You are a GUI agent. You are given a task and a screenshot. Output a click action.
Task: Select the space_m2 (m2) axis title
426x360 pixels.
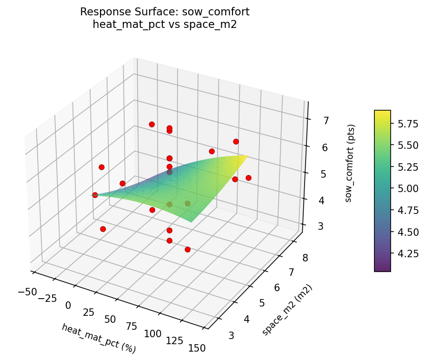click(286, 310)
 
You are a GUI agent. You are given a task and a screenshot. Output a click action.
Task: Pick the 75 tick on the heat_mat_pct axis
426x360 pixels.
click(132, 327)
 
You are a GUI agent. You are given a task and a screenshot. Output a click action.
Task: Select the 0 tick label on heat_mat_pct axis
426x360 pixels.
click(68, 305)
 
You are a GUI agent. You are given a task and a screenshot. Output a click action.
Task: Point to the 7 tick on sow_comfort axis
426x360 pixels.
click(326, 121)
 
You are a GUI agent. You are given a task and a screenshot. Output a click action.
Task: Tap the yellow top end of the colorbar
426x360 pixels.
click(382, 112)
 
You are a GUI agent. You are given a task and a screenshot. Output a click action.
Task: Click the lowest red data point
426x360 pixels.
click(187, 249)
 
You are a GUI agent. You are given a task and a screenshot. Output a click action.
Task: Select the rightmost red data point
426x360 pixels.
click(248, 178)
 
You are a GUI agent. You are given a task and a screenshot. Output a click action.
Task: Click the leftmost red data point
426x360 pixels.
click(95, 195)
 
